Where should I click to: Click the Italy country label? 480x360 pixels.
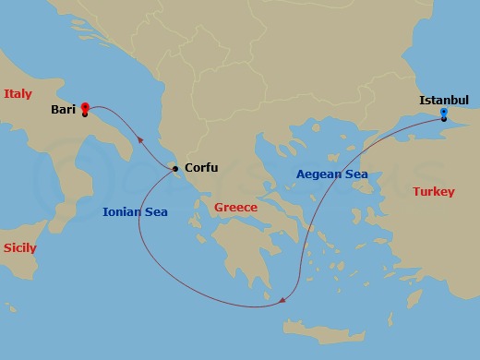(x=18, y=93)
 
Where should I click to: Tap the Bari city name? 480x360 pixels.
(x=64, y=109)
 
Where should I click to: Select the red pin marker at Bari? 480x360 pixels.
(x=85, y=107)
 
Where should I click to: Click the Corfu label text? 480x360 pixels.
(x=201, y=168)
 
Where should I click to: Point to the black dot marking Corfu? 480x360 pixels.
(x=175, y=169)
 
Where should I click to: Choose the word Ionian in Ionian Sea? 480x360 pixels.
(x=121, y=211)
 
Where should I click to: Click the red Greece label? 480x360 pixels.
(x=235, y=207)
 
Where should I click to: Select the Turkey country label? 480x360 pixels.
(x=433, y=192)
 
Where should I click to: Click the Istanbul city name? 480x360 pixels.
(x=444, y=100)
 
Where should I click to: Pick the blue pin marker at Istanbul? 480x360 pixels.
(x=444, y=113)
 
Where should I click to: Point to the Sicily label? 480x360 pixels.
(x=19, y=248)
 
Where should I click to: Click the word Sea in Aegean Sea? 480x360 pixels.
(x=356, y=174)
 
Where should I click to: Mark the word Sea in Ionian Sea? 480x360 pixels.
(x=156, y=211)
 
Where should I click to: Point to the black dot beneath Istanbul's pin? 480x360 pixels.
(x=444, y=119)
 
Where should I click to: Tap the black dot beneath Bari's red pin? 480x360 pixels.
(x=85, y=114)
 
